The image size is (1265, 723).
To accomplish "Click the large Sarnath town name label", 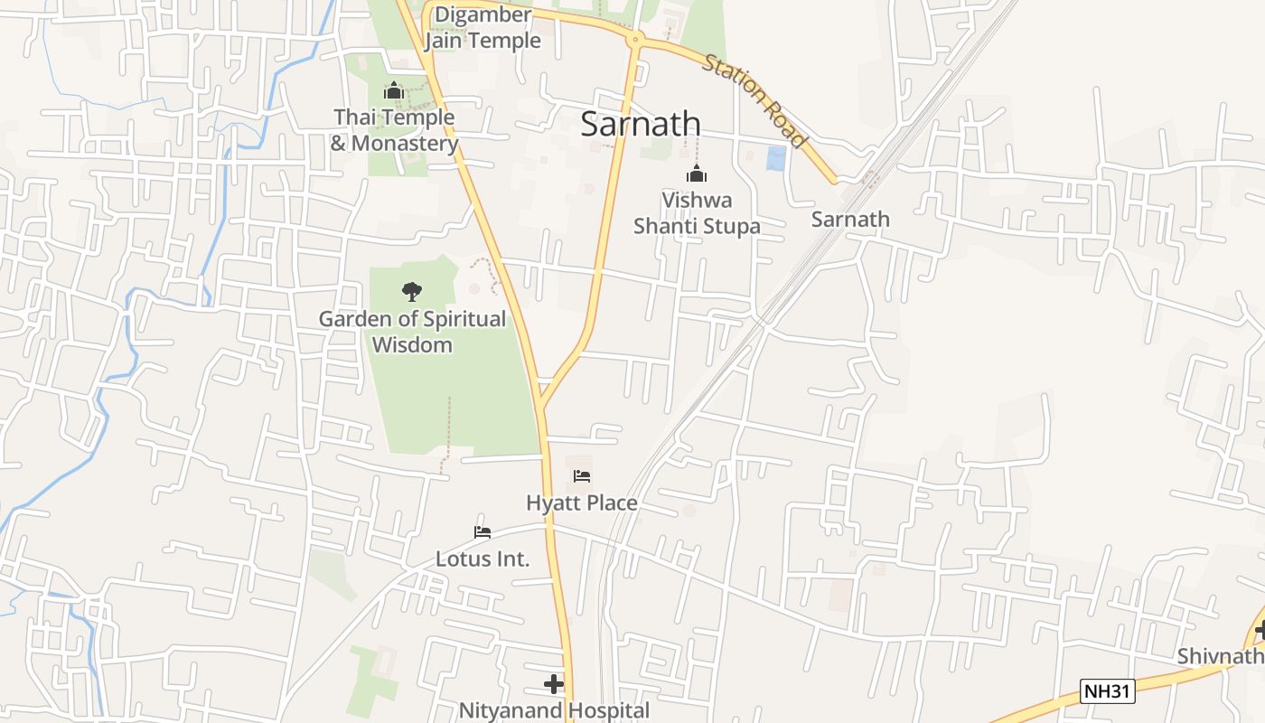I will (x=641, y=124).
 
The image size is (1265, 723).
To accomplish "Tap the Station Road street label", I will (x=754, y=100).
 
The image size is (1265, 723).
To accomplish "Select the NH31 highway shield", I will (x=1108, y=691).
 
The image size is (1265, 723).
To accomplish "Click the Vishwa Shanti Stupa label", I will (x=697, y=213).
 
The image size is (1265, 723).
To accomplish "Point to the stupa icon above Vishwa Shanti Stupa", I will (x=696, y=174).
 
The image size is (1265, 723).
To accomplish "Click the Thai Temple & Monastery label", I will (x=394, y=130).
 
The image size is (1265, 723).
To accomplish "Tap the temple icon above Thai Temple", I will (x=393, y=90).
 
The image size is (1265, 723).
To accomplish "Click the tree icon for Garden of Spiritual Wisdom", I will (x=412, y=291).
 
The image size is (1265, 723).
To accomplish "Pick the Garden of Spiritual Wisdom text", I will (x=412, y=332).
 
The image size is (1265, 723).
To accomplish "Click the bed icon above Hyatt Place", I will (x=582, y=476).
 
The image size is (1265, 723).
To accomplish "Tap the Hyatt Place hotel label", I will (x=582, y=502).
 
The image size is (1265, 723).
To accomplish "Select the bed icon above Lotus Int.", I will (x=483, y=532).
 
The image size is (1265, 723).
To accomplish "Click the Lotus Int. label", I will (x=483, y=559).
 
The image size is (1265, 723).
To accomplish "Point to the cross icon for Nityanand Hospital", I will (x=554, y=684).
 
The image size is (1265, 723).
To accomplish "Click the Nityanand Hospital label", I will (x=554, y=710).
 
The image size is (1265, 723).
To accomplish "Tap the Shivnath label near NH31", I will (x=1220, y=656).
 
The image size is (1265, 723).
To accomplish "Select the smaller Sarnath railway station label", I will (x=850, y=219).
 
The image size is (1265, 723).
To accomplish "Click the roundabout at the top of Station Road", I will (x=636, y=39).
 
